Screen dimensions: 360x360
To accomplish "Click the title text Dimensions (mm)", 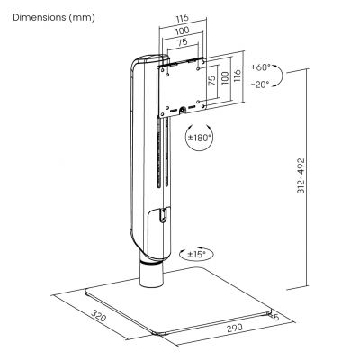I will point(52,17).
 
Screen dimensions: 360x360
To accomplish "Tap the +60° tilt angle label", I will point(258,67).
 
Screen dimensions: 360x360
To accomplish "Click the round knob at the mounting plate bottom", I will point(184,112).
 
